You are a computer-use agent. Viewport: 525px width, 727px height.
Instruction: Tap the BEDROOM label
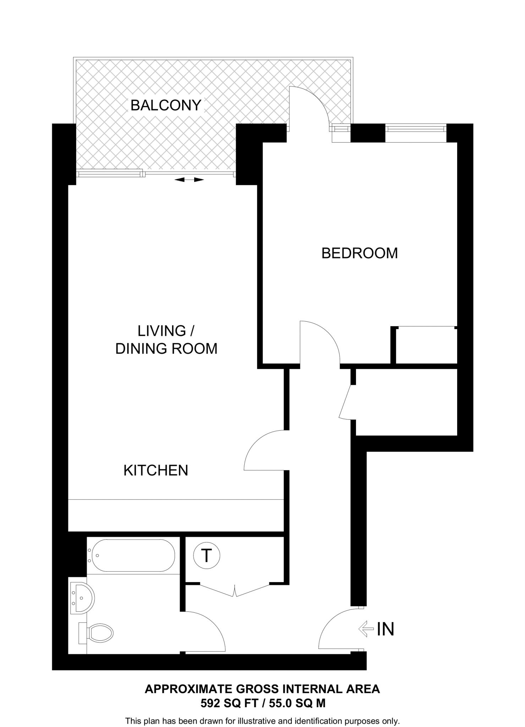tap(359, 253)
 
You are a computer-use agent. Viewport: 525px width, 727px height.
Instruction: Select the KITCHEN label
tap(155, 470)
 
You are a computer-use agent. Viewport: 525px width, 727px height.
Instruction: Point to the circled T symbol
tap(207, 555)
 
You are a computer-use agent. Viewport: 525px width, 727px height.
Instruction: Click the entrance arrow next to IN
tap(366, 629)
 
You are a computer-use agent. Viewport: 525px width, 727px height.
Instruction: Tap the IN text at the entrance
tap(385, 629)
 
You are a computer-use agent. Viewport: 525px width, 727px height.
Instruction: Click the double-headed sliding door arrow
tap(189, 180)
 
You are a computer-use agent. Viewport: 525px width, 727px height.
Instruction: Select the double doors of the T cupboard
tap(235, 590)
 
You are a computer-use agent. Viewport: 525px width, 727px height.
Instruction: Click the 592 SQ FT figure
tap(229, 703)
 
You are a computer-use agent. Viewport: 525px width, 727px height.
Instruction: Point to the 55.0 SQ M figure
tap(297, 703)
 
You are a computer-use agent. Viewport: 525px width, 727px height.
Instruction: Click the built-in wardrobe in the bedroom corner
tap(426, 345)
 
